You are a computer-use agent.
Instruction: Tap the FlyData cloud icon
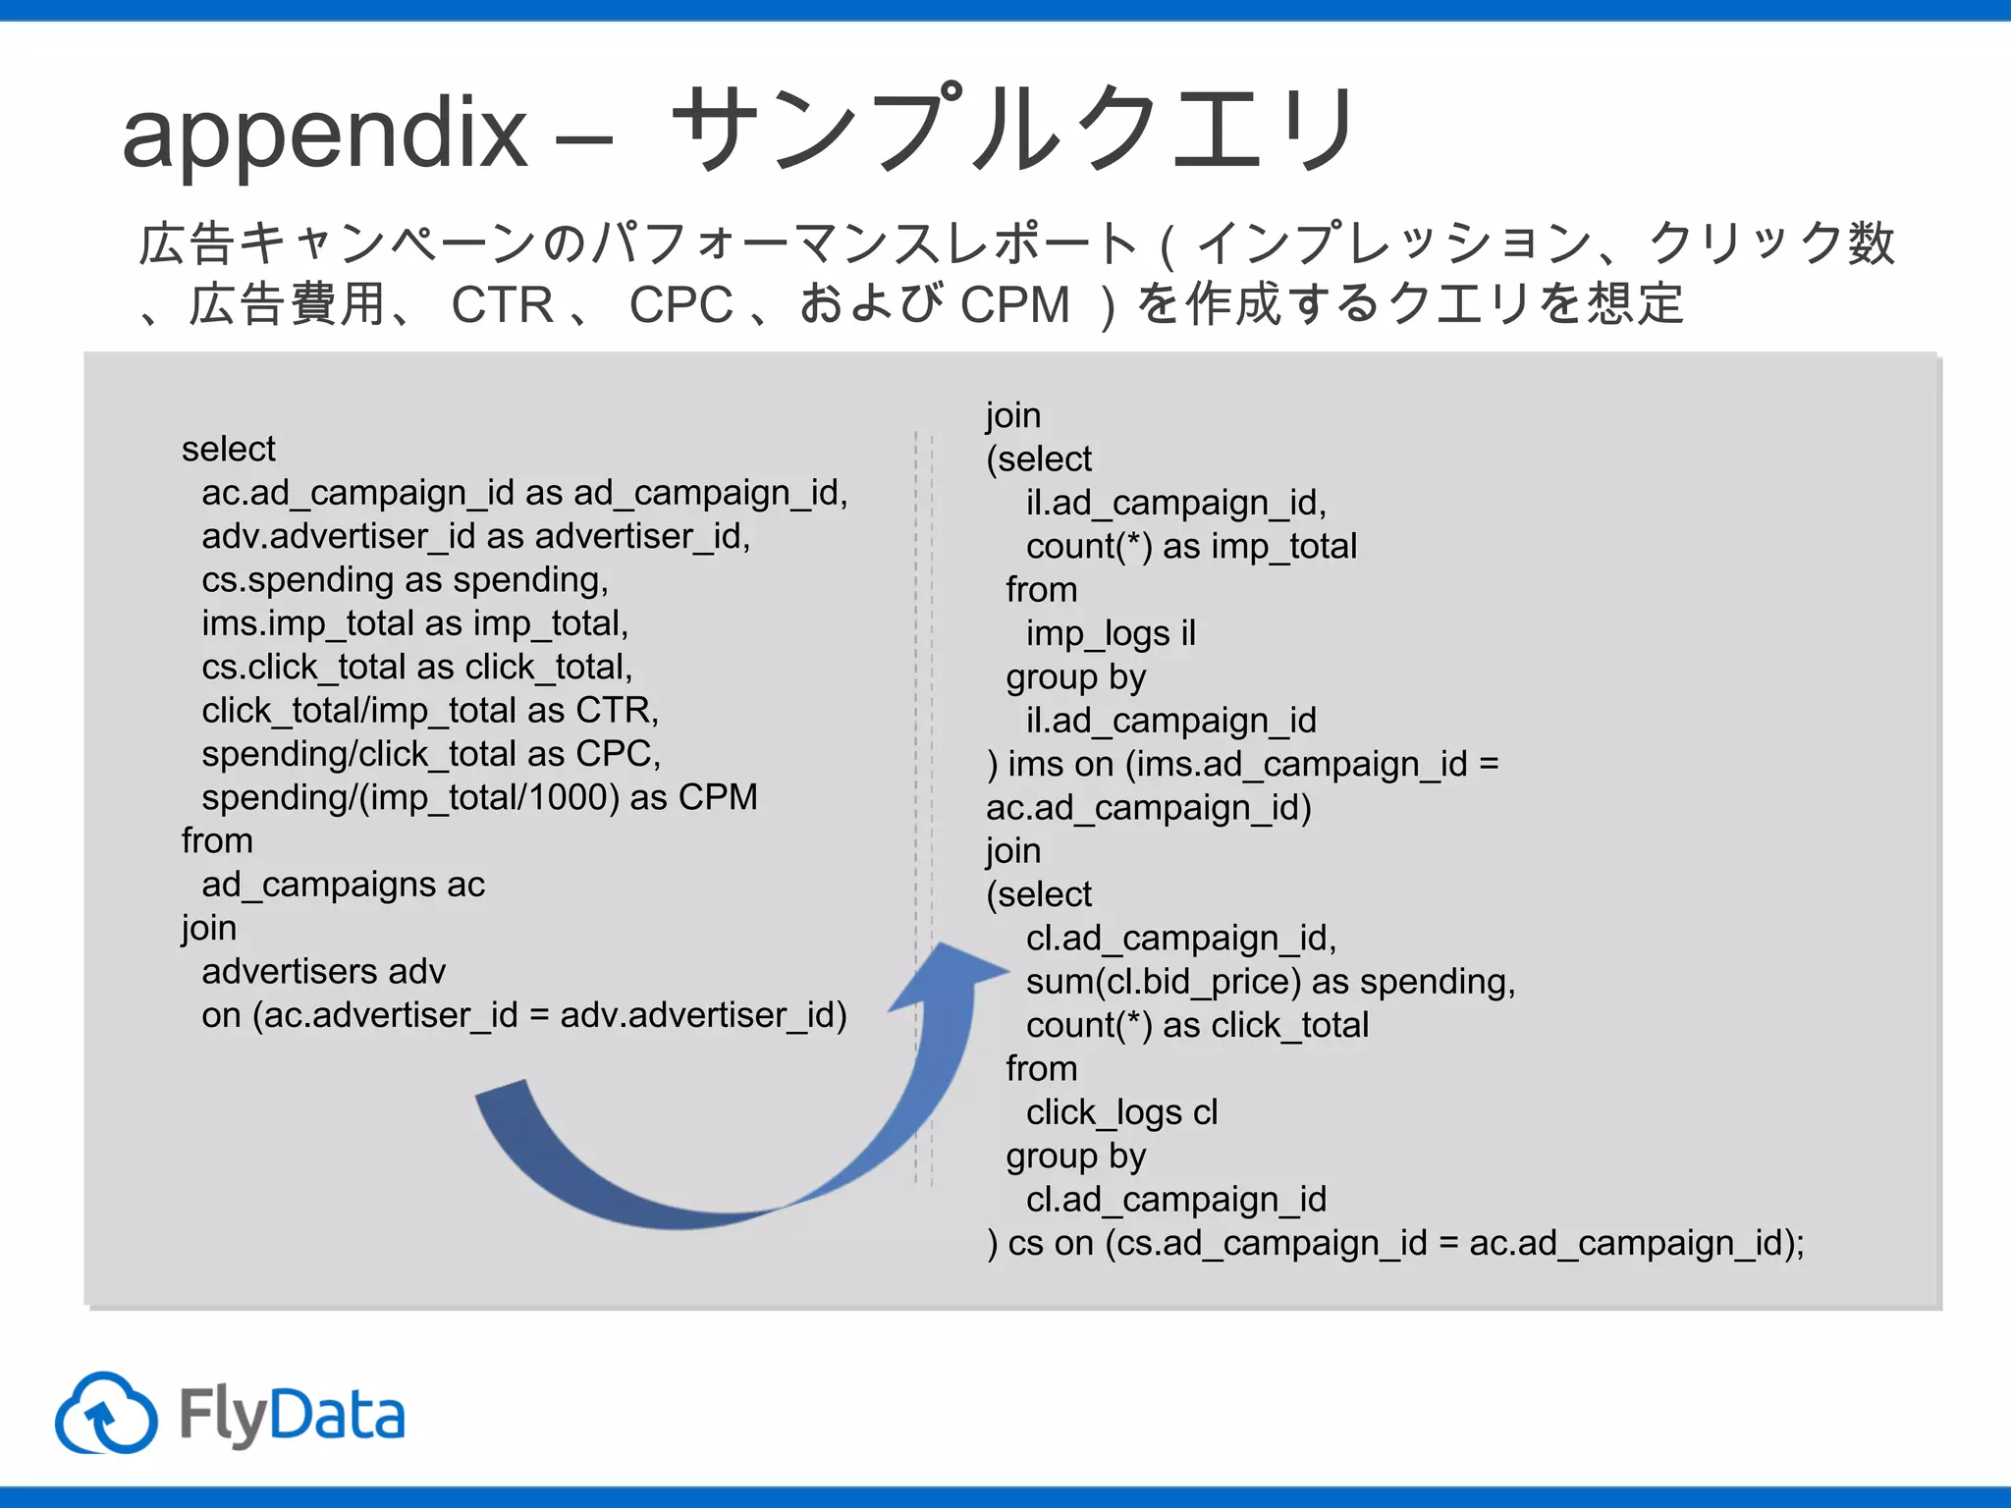pyautogui.click(x=106, y=1414)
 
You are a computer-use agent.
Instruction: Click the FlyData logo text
pyautogui.click(x=292, y=1416)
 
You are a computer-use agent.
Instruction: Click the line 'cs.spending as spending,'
pyautogui.click(x=405, y=580)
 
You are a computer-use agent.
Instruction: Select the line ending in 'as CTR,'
pyautogui.click(x=430, y=711)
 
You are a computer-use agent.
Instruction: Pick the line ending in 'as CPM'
pyautogui.click(x=479, y=797)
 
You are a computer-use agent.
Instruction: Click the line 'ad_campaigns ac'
pyautogui.click(x=343, y=885)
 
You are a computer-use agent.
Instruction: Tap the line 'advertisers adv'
pyautogui.click(x=323, y=972)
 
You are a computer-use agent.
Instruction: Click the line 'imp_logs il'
pyautogui.click(x=1111, y=634)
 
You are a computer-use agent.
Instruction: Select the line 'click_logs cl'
pyautogui.click(x=1121, y=1112)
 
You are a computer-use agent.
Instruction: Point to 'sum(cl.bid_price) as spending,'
pyautogui.click(x=1271, y=982)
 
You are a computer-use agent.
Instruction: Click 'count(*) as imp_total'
pyautogui.click(x=1191, y=547)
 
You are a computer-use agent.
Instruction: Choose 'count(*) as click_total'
pyautogui.click(x=1197, y=1026)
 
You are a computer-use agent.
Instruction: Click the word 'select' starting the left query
pyautogui.click(x=228, y=450)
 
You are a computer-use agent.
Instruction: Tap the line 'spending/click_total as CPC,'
pyautogui.click(x=431, y=754)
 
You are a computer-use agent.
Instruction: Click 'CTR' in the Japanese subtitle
pyautogui.click(x=503, y=304)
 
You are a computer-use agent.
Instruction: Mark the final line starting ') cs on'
pyautogui.click(x=1395, y=1244)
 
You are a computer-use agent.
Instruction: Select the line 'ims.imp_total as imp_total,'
pyautogui.click(x=414, y=623)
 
